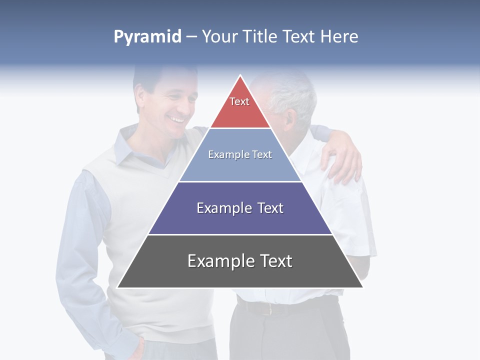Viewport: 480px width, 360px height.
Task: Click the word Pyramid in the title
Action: tap(147, 37)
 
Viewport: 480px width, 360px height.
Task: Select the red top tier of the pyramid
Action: tap(240, 107)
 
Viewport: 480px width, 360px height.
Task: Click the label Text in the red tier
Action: tap(239, 101)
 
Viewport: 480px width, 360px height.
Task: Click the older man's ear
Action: tap(290, 120)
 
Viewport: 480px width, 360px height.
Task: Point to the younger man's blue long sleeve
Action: tap(80, 250)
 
